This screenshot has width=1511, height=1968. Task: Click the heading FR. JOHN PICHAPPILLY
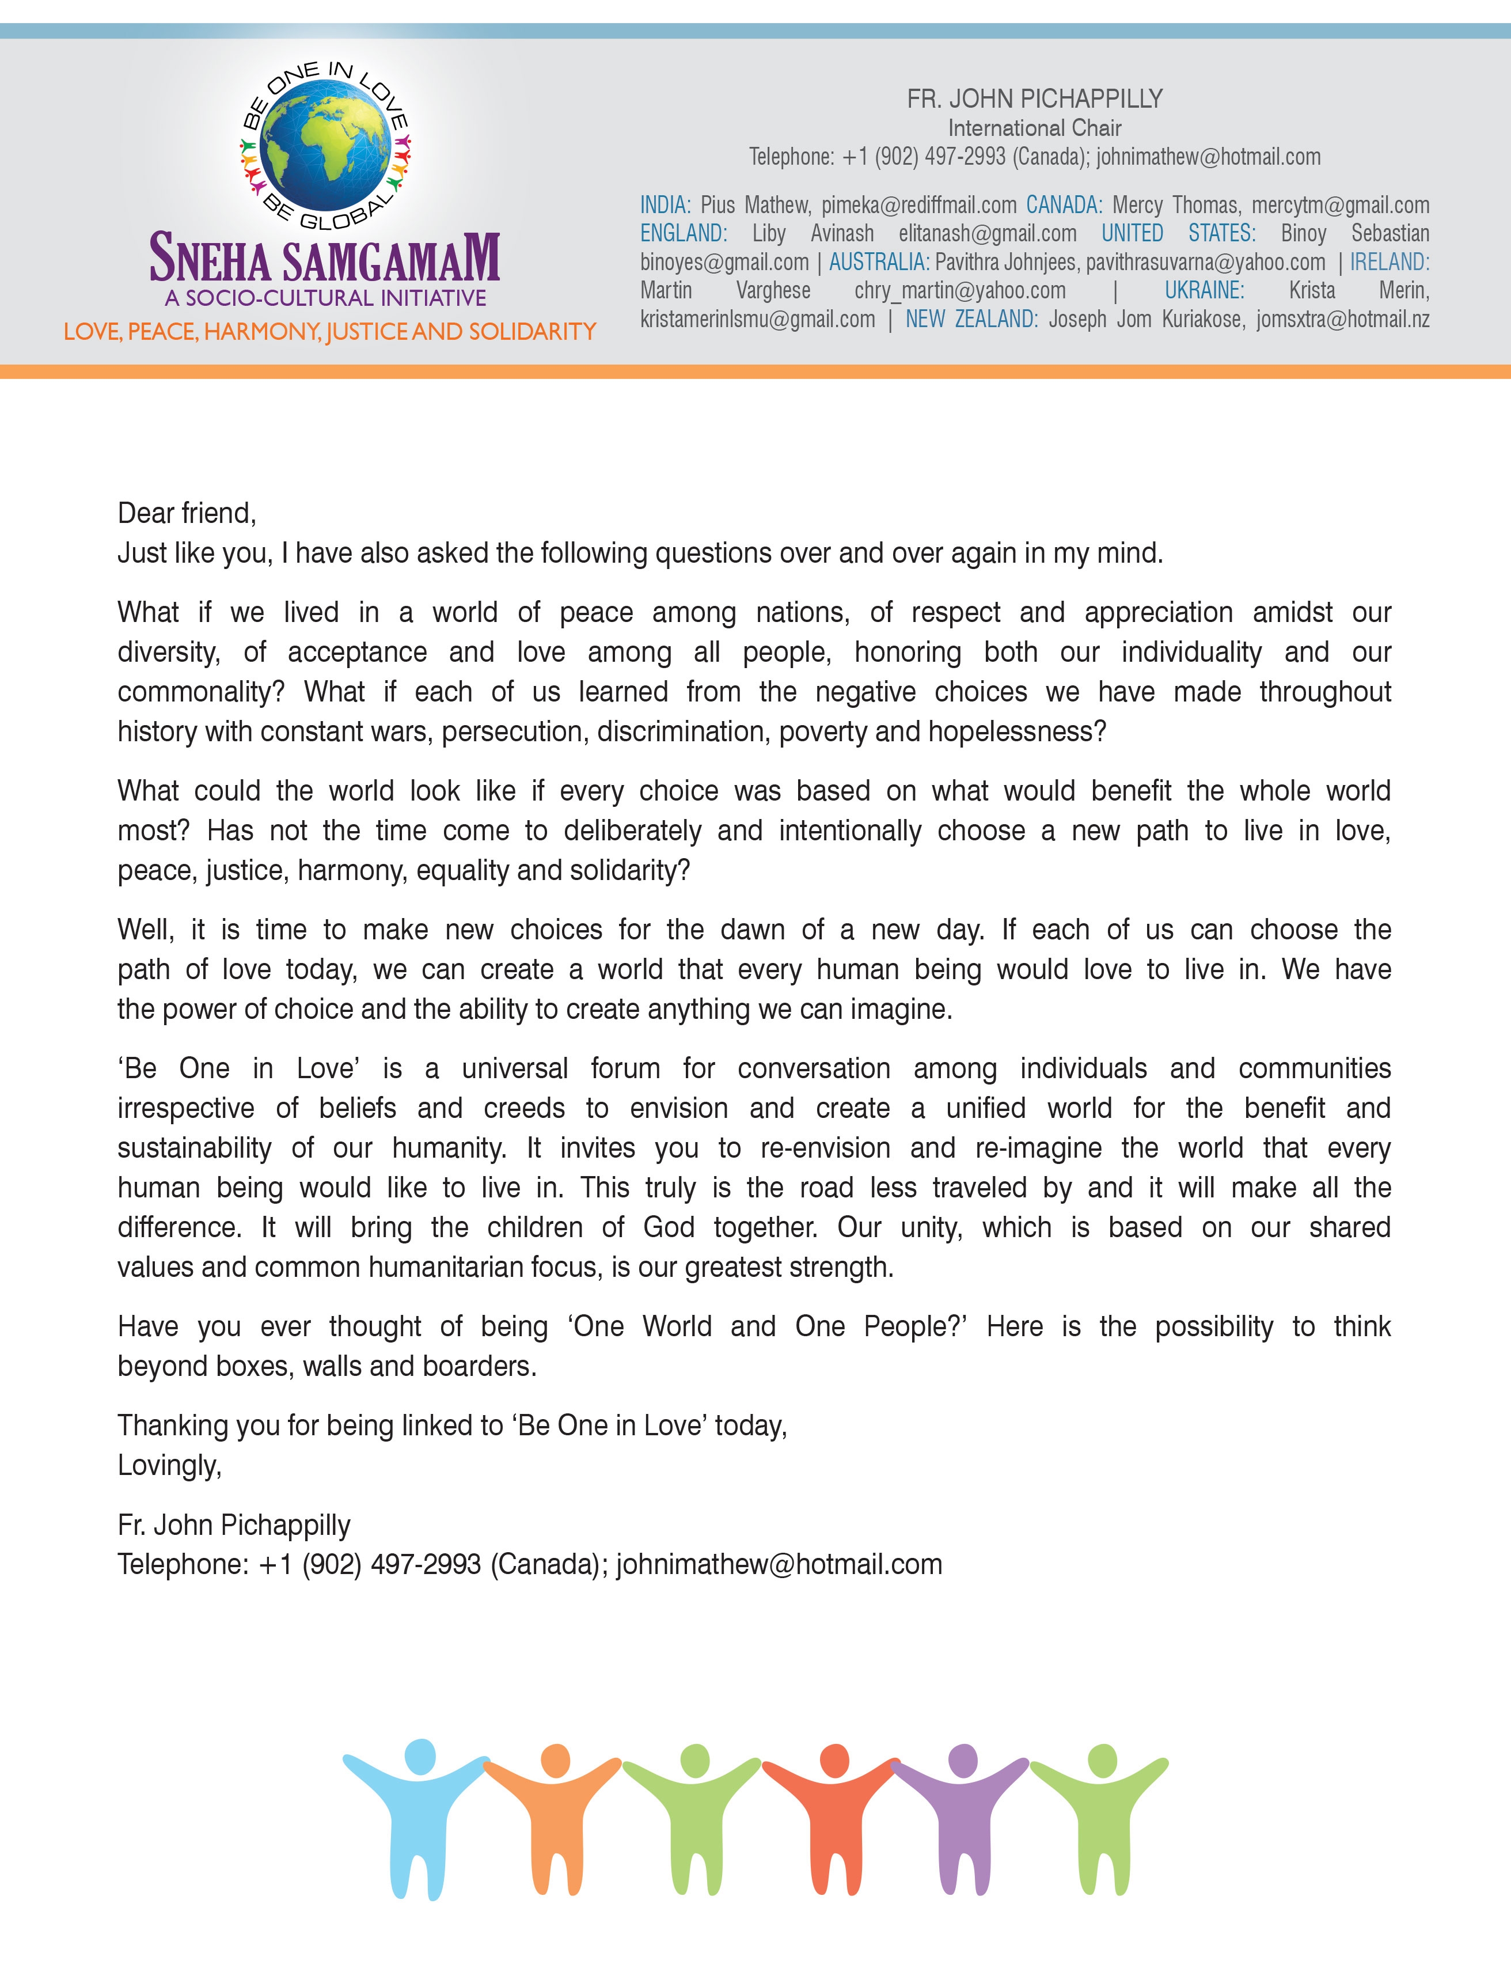(1034, 99)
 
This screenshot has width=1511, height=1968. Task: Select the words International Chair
(1034, 128)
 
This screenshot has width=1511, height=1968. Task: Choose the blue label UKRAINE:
(1204, 290)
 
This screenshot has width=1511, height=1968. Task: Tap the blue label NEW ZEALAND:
(971, 319)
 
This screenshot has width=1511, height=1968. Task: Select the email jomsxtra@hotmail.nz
(1343, 319)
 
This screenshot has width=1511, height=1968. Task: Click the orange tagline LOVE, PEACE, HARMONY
(329, 332)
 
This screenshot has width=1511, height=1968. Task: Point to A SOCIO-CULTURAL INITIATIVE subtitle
(325, 298)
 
